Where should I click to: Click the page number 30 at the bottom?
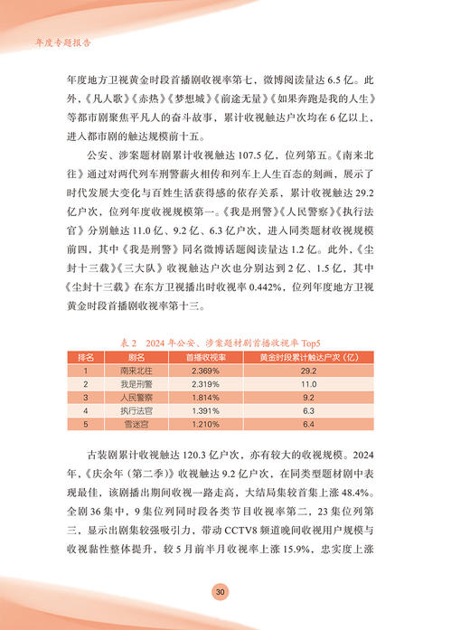pyautogui.click(x=221, y=591)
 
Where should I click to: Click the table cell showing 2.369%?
pyautogui.click(x=202, y=370)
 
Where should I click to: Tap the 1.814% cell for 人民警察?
pyautogui.click(x=202, y=397)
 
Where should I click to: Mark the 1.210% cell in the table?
pyautogui.click(x=202, y=424)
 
